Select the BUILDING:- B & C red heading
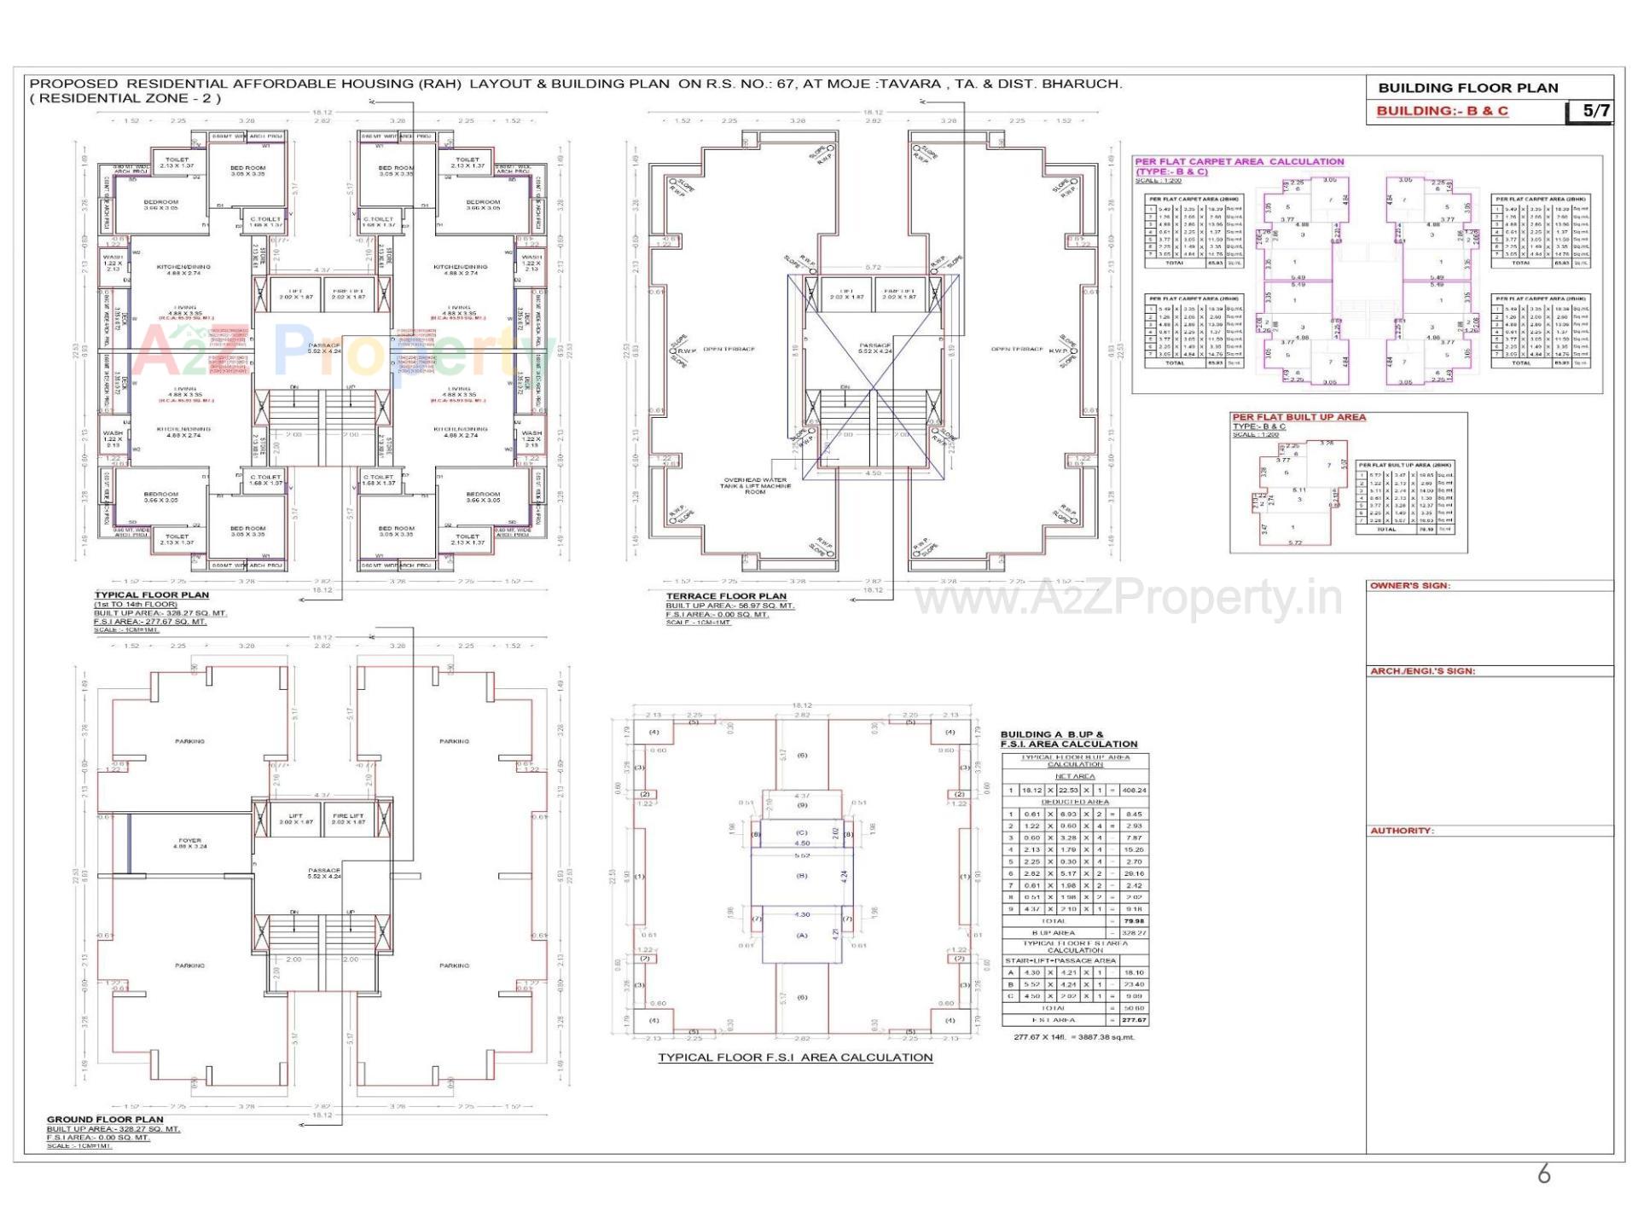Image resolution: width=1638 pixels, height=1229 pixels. [1442, 111]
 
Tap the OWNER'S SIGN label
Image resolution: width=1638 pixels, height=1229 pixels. [1409, 586]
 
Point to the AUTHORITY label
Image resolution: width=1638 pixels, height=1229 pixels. [1402, 831]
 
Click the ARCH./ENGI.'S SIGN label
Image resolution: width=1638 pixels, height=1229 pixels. [1422, 671]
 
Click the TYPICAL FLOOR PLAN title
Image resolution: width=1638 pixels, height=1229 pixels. [151, 595]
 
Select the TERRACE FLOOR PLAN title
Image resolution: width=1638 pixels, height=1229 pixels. [726, 596]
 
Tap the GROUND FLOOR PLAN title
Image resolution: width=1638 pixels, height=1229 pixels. [105, 1119]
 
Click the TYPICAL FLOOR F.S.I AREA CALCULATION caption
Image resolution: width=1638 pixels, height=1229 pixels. [795, 1058]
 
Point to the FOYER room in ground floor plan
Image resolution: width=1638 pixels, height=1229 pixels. [189, 843]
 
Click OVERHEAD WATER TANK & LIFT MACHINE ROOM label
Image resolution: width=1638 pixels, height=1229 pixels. [755, 485]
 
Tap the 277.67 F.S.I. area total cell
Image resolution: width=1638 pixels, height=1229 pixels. [1135, 1020]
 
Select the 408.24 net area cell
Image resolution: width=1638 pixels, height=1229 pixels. [1136, 790]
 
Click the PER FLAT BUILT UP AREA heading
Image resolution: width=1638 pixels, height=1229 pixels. [1298, 417]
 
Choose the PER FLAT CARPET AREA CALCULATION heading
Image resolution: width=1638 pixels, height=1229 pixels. [1239, 161]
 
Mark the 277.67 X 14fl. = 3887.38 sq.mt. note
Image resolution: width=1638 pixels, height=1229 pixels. [1074, 1037]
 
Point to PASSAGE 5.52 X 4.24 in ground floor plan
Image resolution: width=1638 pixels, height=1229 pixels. [324, 873]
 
